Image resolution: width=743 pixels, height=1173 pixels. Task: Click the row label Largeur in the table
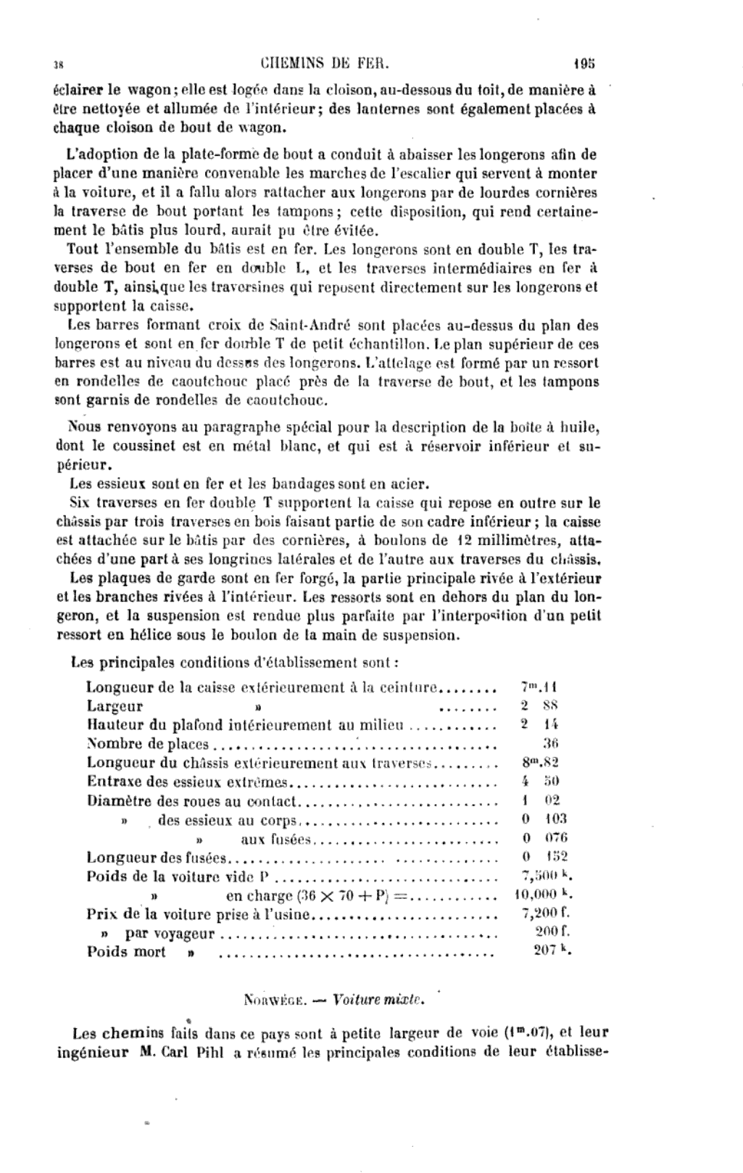pos(115,706)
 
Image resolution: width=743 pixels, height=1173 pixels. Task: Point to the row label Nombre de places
pos(147,744)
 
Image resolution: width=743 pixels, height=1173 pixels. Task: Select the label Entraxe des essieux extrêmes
pos(188,782)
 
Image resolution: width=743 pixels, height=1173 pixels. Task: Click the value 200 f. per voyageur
pos(552,932)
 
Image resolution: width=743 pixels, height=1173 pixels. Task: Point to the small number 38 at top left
pos(59,64)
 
